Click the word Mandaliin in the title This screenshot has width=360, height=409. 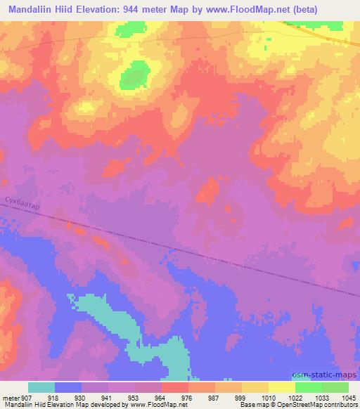pyautogui.click(x=31, y=9)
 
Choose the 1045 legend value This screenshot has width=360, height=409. pyautogui.click(x=349, y=398)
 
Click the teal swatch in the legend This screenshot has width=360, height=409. pyautogui.click(x=41, y=387)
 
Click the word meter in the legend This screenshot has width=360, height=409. pyautogui.click(x=11, y=398)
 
